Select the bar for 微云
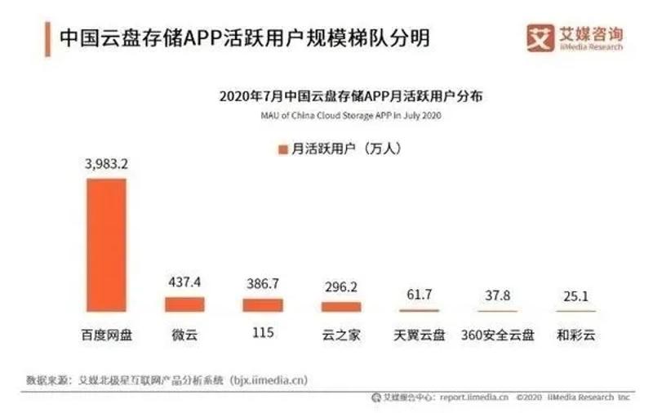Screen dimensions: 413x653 184,304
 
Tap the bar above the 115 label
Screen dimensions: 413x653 262,304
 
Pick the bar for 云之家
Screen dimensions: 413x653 340,306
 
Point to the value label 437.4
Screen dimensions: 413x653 184,282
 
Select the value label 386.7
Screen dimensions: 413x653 262,284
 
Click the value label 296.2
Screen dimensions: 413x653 340,288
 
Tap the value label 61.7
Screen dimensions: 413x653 419,294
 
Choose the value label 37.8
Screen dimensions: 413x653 497,295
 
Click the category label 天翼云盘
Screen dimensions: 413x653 419,335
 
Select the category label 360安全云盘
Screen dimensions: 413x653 497,335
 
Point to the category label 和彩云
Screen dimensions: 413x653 575,335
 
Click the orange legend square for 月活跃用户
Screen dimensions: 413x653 282,149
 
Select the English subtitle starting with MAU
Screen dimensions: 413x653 351,116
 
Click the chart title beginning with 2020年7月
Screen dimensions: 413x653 351,96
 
